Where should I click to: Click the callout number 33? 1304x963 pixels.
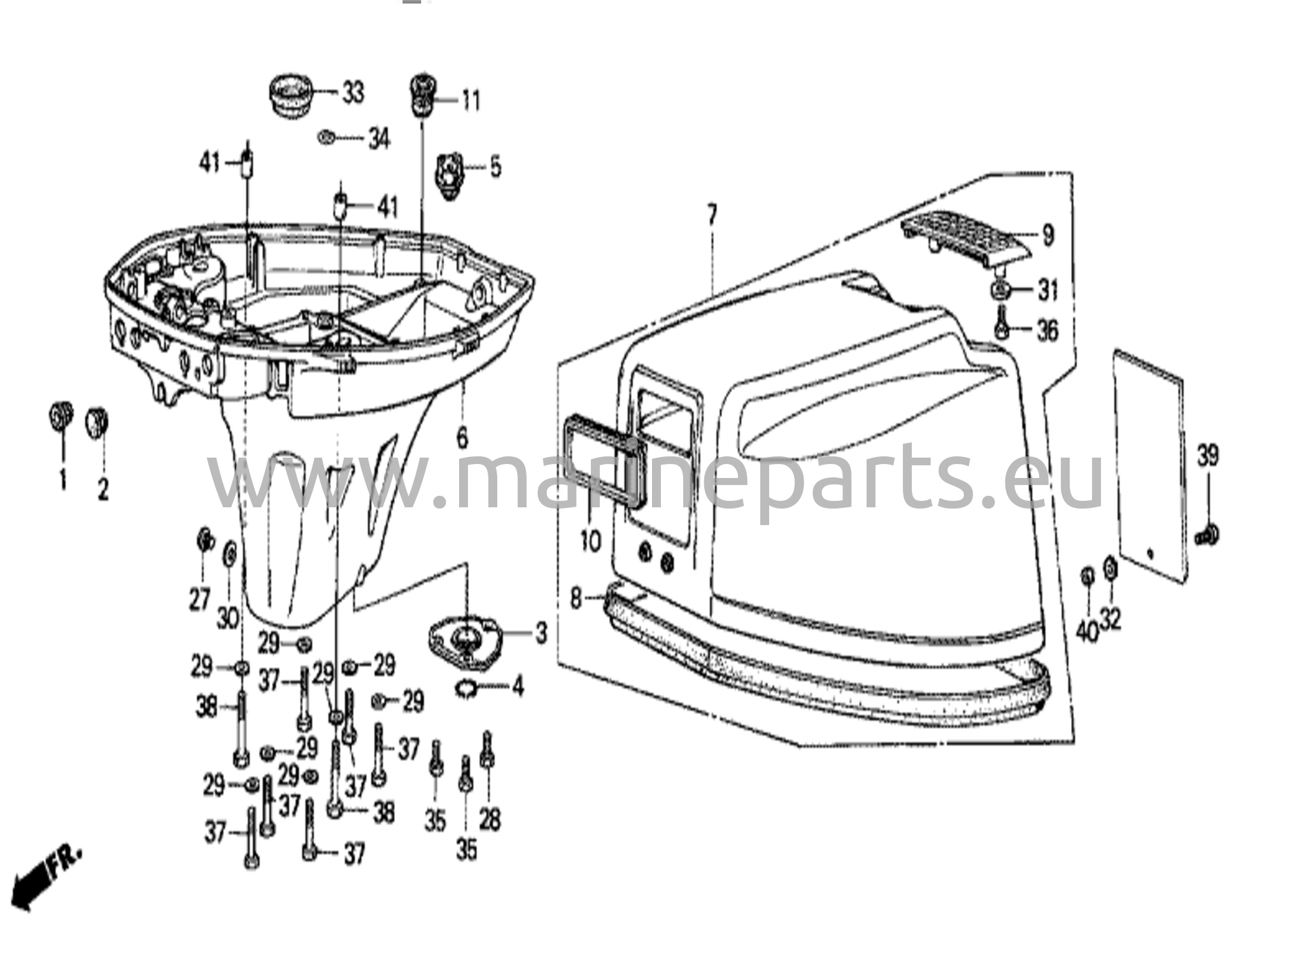pyautogui.click(x=353, y=94)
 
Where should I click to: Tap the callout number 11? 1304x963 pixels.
pyautogui.click(x=471, y=101)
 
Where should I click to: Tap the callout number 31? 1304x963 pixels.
pyautogui.click(x=1047, y=291)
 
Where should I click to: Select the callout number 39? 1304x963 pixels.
pyautogui.click(x=1208, y=456)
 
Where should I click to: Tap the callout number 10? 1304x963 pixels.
pyautogui.click(x=590, y=542)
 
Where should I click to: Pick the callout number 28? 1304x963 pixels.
pyautogui.click(x=489, y=820)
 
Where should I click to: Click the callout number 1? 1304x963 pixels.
pyautogui.click(x=63, y=479)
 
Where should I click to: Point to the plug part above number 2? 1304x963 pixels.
pyautogui.click(x=96, y=421)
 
